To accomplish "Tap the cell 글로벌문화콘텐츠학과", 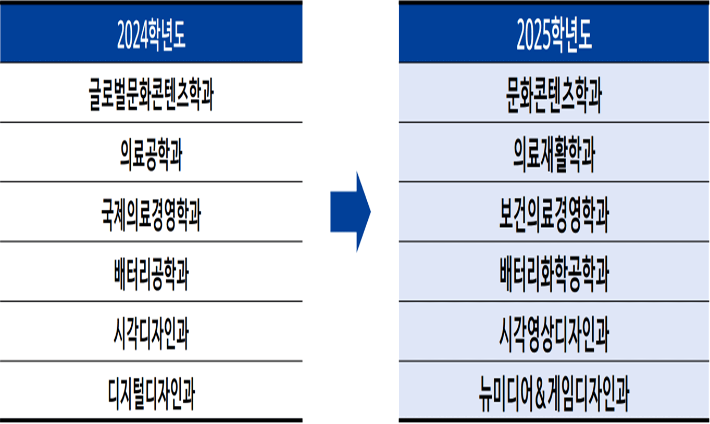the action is (x=151, y=94).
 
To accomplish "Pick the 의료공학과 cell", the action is (x=151, y=153).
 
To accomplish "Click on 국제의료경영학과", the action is (x=151, y=213).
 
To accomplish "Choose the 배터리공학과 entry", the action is (x=151, y=272).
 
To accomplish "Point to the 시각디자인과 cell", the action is (x=151, y=332).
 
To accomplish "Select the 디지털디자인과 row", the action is (x=151, y=391).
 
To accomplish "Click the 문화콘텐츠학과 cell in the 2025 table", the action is (x=554, y=94).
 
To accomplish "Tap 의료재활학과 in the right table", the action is (x=554, y=153).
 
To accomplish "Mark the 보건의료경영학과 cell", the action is (x=554, y=213).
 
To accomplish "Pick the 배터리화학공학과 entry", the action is (x=554, y=272).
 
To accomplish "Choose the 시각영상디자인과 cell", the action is (x=554, y=332).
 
